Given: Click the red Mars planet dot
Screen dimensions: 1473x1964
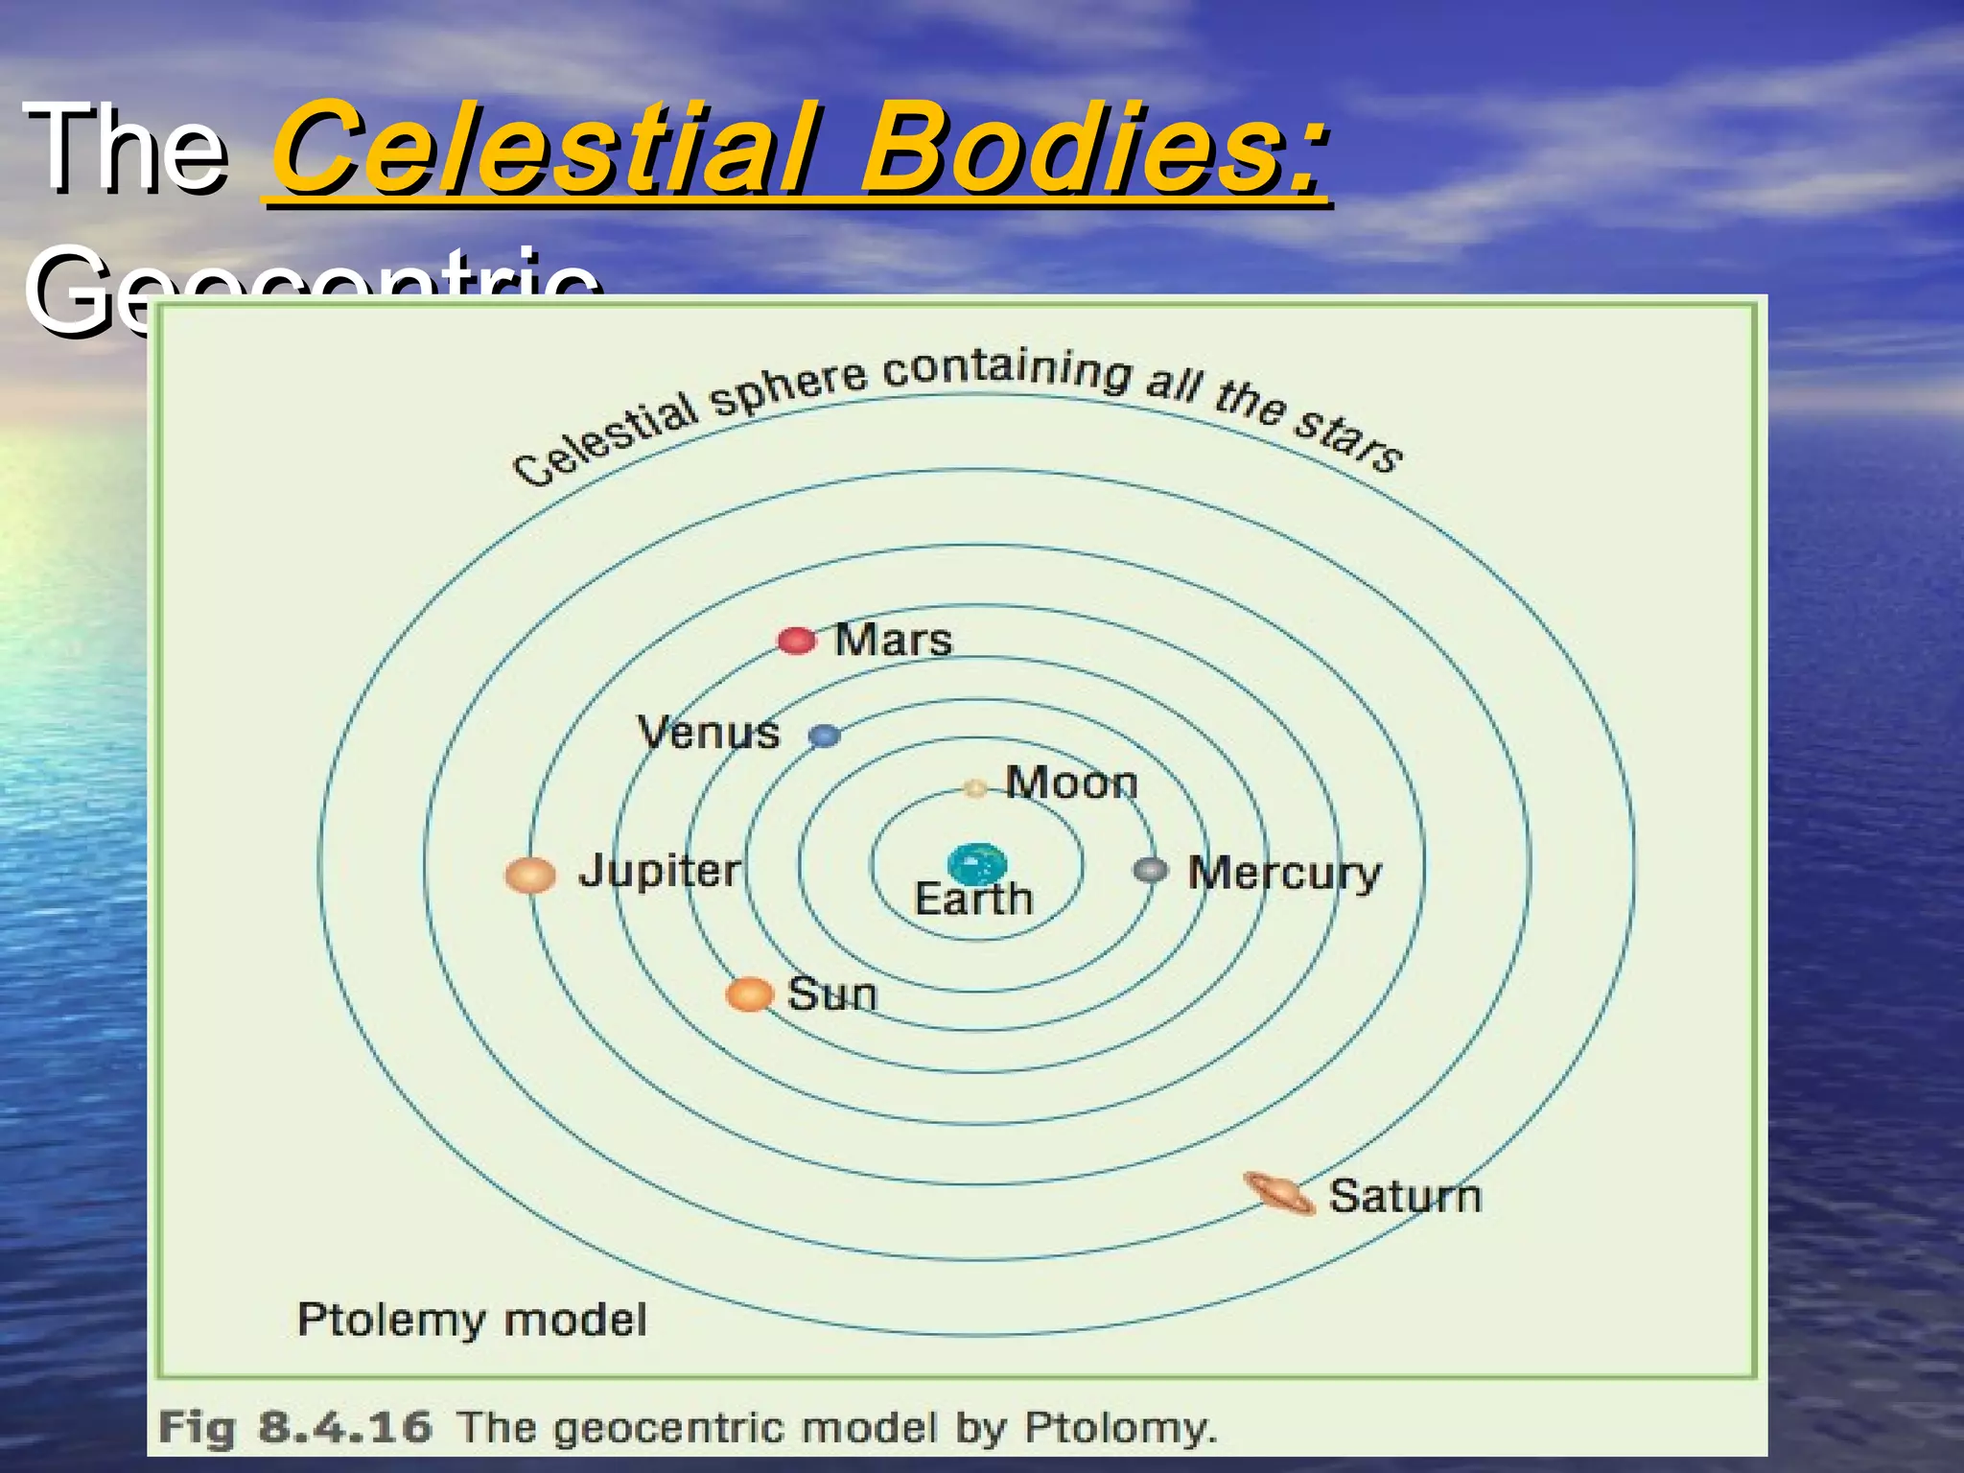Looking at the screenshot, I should coord(796,641).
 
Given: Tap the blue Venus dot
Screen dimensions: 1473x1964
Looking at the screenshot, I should coord(824,736).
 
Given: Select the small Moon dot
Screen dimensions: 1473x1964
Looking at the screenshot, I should coord(975,788).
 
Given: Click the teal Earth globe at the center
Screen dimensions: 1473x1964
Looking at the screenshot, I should coord(976,864).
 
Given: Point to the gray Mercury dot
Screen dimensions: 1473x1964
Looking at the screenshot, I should coord(1150,871).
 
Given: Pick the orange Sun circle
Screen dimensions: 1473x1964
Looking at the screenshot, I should coord(749,994).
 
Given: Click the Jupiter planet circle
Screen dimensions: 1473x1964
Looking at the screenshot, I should coord(530,875).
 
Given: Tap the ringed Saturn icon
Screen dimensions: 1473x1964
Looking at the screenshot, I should coord(1279,1194).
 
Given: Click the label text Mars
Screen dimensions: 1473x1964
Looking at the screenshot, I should coord(893,640).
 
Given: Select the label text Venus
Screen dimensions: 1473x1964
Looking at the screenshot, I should coord(709,733).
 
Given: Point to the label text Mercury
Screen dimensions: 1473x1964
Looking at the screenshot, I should coord(1284,874).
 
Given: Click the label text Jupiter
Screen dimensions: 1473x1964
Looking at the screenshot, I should coord(660,871).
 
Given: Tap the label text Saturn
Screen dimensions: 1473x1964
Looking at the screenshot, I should coord(1405,1196).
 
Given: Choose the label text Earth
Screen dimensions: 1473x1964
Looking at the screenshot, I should coord(973,900).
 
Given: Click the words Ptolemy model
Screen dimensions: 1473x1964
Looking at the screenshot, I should coord(472,1320).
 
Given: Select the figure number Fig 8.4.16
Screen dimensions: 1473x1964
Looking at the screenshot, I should coord(294,1427).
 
